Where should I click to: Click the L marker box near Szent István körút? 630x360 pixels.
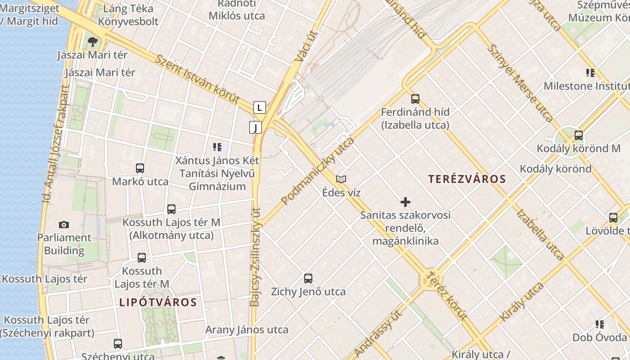coord(259,108)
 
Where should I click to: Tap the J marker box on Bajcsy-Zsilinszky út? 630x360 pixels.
coord(256,127)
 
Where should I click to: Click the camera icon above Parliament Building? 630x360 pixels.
coord(64,225)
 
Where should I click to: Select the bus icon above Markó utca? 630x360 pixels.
coord(140,168)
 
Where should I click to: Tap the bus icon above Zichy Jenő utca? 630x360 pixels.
coord(308,278)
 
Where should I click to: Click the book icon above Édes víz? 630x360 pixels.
coord(341,179)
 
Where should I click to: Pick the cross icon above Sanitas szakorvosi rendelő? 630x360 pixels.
coord(405,202)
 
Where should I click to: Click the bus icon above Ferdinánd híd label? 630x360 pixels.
coord(415,99)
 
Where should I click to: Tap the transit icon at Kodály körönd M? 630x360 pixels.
coord(579,135)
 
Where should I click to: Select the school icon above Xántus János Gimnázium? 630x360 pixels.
coord(217,147)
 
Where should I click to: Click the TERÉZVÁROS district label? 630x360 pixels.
coord(467,179)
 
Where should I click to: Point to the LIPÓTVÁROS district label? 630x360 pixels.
coord(158,302)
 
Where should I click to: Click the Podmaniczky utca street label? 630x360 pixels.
coord(318,171)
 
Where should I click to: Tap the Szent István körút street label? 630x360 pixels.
coord(197,79)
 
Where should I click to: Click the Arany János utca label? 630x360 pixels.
coord(247,330)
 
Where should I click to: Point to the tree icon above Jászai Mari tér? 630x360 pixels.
coord(93,42)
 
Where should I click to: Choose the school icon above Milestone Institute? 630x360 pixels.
coord(590,72)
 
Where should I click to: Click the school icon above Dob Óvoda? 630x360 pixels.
coord(599,324)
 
